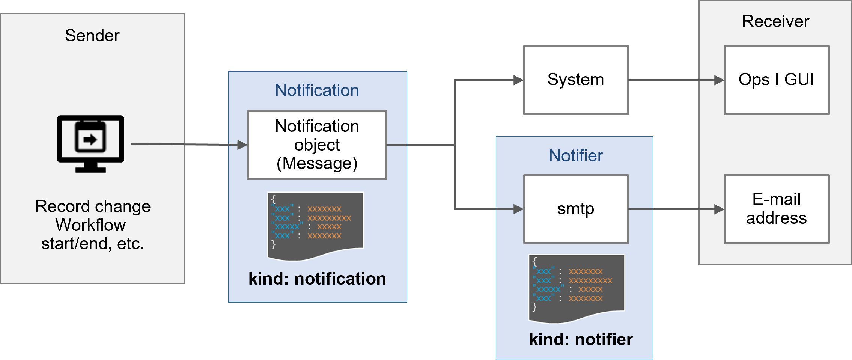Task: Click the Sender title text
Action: (x=92, y=36)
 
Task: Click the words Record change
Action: (x=93, y=206)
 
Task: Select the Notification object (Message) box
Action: (x=317, y=145)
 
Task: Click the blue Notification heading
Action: (x=317, y=90)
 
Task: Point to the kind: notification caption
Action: (x=317, y=279)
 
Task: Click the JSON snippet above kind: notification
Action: (x=315, y=225)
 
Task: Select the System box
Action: (x=576, y=80)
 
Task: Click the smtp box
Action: (x=576, y=209)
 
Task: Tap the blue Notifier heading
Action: (x=576, y=155)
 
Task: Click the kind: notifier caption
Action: (x=581, y=340)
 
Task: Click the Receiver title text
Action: (x=775, y=21)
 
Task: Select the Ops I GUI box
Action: (x=776, y=80)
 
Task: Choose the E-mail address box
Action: (x=776, y=209)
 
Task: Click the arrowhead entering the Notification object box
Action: (x=242, y=145)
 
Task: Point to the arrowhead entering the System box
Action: (x=518, y=80)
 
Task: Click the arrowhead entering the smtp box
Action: (x=518, y=209)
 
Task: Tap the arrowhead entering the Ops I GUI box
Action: (x=719, y=80)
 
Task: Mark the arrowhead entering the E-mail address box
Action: (x=719, y=209)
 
